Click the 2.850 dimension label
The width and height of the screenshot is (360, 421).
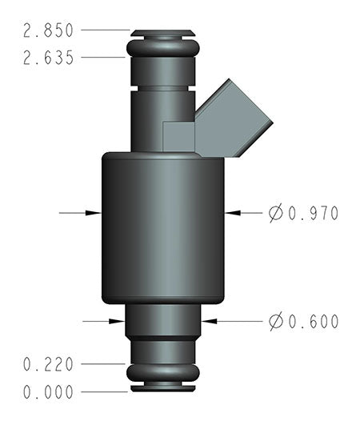(49, 30)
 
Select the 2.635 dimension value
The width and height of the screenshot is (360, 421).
(49, 58)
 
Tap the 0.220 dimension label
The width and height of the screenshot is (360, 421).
(49, 364)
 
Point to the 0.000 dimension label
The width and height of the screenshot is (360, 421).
(49, 392)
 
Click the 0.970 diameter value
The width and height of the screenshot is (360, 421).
(313, 213)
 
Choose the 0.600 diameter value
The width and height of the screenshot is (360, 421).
(313, 321)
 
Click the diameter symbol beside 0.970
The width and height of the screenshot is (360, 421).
(276, 213)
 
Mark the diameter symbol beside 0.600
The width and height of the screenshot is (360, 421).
(276, 321)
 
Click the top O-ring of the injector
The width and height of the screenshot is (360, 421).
(162, 50)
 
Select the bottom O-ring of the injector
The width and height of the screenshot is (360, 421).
(162, 373)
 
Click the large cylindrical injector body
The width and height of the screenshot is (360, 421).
(162, 228)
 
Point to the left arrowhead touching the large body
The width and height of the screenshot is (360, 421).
(94, 213)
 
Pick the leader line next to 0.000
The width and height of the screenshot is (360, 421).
(104, 392)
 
